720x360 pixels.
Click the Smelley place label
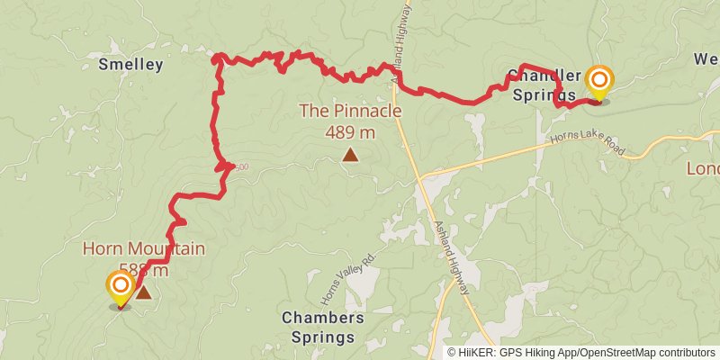(131, 64)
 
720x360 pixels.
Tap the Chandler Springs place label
(542, 83)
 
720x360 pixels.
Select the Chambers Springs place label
(322, 328)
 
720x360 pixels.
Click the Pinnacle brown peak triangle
(350, 155)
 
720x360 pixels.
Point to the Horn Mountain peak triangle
(143, 292)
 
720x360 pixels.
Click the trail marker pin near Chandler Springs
(598, 84)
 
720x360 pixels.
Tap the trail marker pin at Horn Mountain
(120, 289)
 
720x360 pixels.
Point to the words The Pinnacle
(350, 112)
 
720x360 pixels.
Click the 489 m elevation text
(350, 131)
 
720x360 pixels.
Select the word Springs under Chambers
(322, 338)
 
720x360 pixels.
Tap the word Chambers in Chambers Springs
(322, 318)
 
